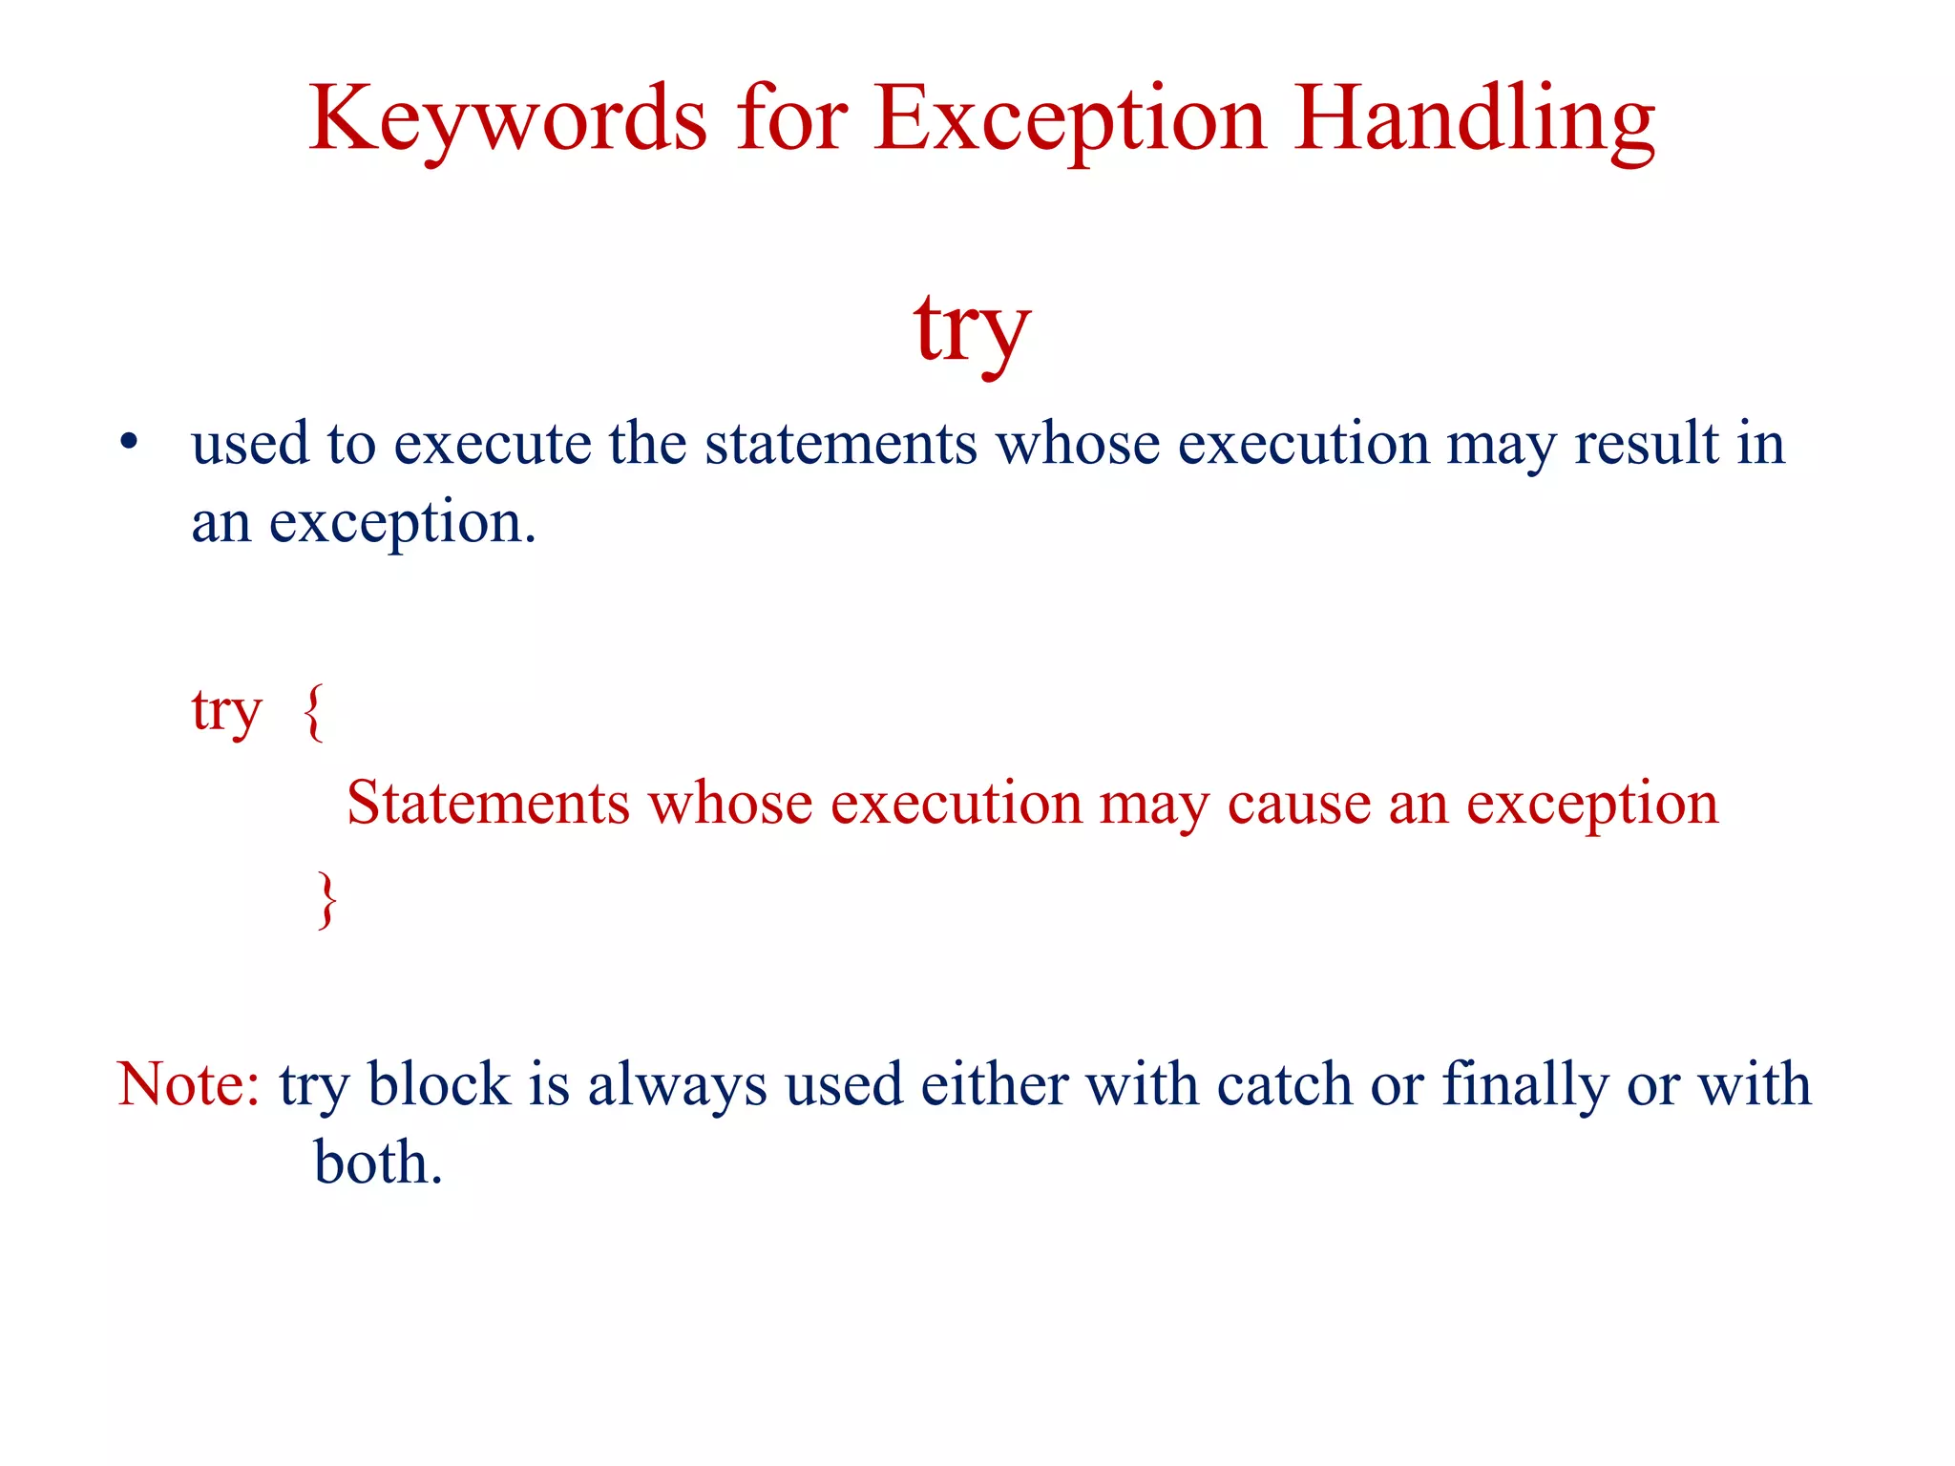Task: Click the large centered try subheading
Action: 972,329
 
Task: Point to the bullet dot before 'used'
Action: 129,444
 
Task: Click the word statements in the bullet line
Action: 841,444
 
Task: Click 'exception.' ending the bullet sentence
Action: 402,523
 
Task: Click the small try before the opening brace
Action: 226,711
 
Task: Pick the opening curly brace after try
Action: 314,711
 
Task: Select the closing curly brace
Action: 326,898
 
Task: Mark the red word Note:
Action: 188,1084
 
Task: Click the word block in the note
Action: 439,1084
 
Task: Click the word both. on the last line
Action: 378,1162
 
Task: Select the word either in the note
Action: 994,1084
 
